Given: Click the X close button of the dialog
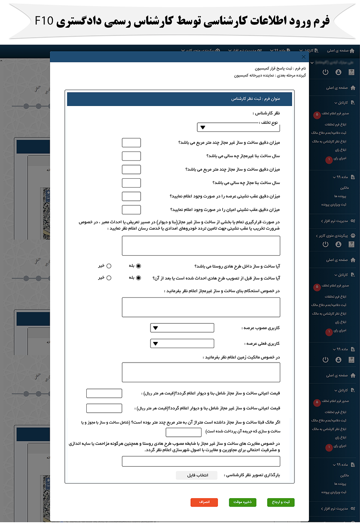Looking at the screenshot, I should (x=303, y=57).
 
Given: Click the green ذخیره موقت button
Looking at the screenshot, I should (x=242, y=502).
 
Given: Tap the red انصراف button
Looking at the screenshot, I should (x=204, y=502).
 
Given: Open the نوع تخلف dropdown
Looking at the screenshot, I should (x=229, y=127).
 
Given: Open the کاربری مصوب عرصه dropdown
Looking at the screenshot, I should (x=182, y=328).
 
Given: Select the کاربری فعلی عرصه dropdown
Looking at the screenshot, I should (x=182, y=344).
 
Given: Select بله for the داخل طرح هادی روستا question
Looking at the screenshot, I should (x=138, y=265).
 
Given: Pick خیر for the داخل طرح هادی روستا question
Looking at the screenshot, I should (x=109, y=265).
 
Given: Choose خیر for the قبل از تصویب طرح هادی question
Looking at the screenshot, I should (x=109, y=277).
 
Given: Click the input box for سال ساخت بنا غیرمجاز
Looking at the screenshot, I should (x=131, y=156).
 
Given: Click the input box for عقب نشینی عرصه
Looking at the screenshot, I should (x=131, y=196).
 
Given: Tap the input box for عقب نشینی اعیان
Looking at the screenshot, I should (x=131, y=210).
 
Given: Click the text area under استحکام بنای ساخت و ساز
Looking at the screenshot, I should (x=201, y=307).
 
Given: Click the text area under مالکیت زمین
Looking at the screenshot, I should (x=201, y=372).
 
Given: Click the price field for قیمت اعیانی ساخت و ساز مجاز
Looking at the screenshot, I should (x=104, y=394).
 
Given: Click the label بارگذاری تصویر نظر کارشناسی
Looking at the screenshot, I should (x=252, y=475).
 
